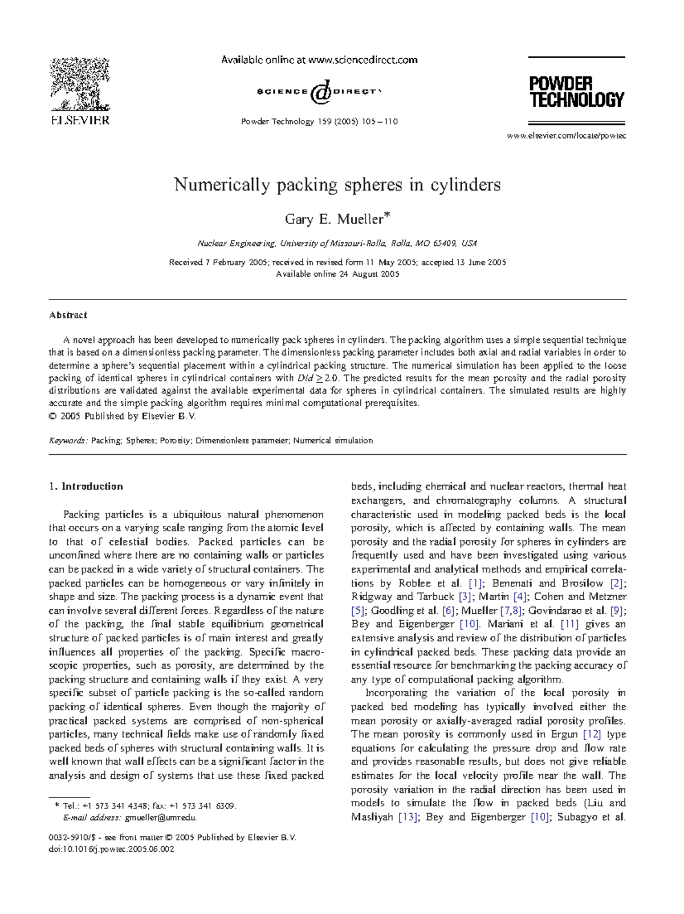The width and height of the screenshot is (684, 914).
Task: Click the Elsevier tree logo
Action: pos(79,86)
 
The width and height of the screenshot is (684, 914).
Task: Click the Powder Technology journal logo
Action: pos(576,91)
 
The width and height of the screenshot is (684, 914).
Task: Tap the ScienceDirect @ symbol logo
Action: pos(320,92)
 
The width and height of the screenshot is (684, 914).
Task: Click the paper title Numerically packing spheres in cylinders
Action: pos(337,185)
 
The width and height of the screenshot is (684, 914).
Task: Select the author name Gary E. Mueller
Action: pos(337,219)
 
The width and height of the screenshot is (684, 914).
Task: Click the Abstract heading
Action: pos(68,315)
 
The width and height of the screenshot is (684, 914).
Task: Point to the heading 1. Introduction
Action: pos(86,487)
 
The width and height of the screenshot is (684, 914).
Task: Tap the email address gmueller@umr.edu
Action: pos(161,818)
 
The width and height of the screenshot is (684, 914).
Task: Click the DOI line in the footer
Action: pos(112,849)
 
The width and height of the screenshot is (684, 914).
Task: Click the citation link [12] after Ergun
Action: pos(592,734)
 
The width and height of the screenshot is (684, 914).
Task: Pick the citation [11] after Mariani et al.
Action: pos(569,624)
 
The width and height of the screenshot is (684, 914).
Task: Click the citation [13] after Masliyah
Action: pos(408,817)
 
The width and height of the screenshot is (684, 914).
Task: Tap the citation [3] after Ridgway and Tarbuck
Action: pos(465,597)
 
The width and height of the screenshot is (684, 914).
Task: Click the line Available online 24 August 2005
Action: pos(337,274)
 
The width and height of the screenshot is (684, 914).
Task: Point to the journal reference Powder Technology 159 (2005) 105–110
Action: pos(319,122)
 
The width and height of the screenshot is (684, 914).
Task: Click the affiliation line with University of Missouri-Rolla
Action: pos(337,244)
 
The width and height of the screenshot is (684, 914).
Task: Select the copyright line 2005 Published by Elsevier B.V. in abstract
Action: pos(122,416)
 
